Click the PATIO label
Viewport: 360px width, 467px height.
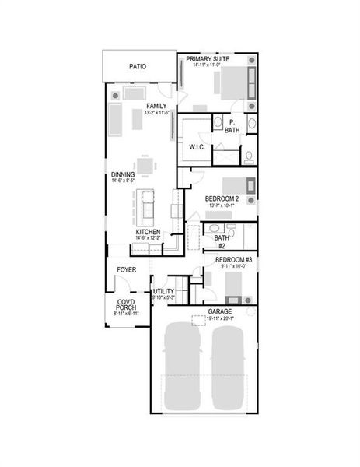138,67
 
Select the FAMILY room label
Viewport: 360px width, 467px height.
156,105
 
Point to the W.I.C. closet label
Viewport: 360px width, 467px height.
196,146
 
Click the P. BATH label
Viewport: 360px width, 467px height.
232,126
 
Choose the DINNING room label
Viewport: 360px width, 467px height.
123,174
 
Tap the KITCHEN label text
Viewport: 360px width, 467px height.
148,232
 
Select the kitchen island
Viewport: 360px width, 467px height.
148,205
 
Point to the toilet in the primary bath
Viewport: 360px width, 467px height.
248,156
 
